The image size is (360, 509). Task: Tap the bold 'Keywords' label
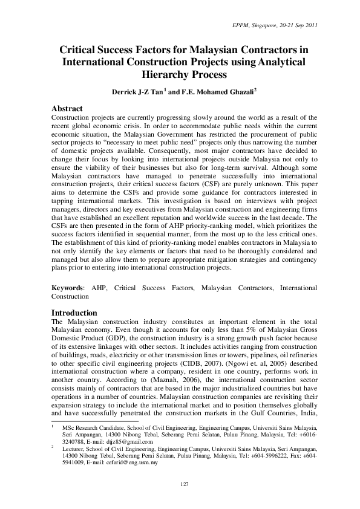[x=67, y=288]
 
